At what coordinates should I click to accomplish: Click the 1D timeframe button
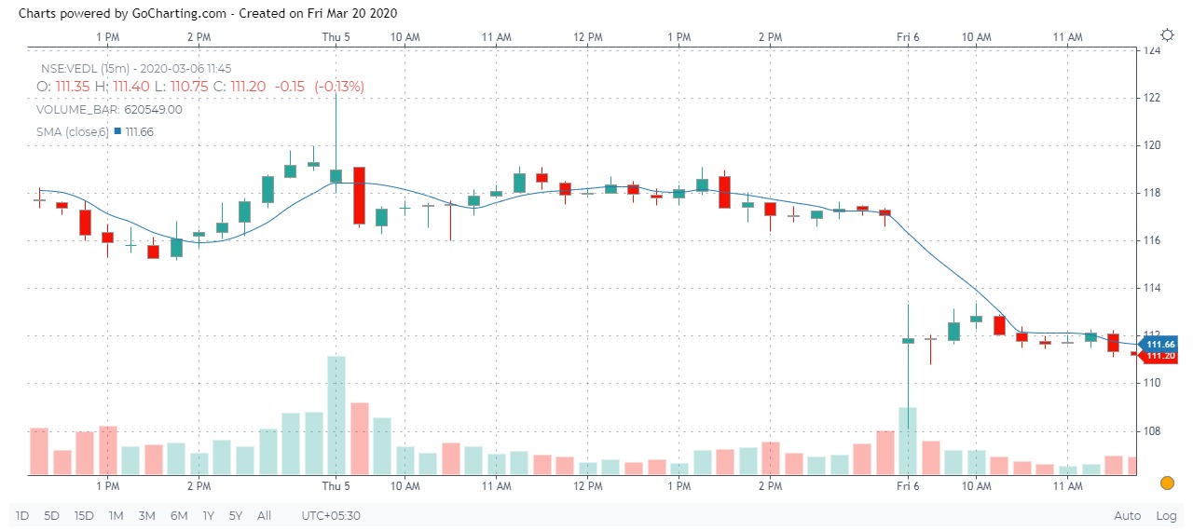[x=22, y=515]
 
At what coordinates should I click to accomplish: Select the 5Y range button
[x=237, y=515]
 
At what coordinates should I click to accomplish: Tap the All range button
[x=265, y=515]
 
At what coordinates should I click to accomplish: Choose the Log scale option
[x=1166, y=515]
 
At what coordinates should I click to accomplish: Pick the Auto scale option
[x=1127, y=515]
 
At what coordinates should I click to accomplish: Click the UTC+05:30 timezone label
[x=331, y=515]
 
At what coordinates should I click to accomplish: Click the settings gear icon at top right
[x=1167, y=34]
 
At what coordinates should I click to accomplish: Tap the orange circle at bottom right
[x=1167, y=483]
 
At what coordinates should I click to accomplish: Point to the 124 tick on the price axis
[x=1152, y=50]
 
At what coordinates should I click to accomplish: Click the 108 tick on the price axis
[x=1152, y=430]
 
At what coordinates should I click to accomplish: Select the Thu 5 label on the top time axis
[x=336, y=36]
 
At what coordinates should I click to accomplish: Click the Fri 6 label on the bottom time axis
[x=909, y=486]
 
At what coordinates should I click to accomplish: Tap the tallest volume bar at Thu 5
[x=336, y=415]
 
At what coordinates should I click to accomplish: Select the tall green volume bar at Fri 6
[x=908, y=441]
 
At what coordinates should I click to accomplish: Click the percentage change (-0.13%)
[x=339, y=87]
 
